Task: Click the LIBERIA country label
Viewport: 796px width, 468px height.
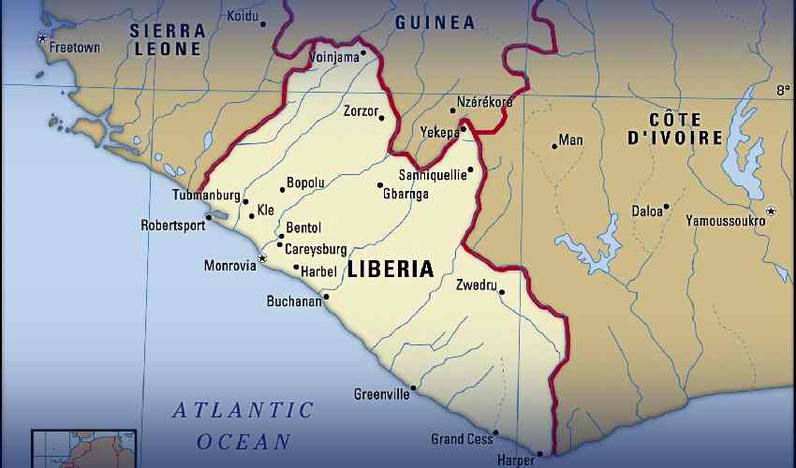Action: tap(391, 270)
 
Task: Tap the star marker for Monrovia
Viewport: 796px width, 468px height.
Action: tap(262, 257)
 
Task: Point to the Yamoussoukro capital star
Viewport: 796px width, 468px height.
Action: tap(771, 212)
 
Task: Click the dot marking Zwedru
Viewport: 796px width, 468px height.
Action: tap(502, 292)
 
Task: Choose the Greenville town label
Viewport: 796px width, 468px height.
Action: tap(381, 395)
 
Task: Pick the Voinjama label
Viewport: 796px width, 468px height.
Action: tap(334, 57)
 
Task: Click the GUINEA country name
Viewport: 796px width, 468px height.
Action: tap(435, 22)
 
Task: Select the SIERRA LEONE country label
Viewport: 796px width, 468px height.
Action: tap(167, 39)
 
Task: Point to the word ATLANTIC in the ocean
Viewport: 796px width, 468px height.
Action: tap(243, 410)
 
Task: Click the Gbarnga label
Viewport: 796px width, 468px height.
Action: tap(405, 194)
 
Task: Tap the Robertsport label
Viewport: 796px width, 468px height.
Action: tap(173, 226)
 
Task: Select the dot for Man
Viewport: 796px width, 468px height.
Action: tap(554, 146)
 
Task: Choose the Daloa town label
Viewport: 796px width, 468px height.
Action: tap(646, 212)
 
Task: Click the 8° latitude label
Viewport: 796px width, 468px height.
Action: tap(783, 91)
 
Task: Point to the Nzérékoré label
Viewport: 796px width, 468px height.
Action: tap(484, 101)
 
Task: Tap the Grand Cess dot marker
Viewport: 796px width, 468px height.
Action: tap(495, 432)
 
